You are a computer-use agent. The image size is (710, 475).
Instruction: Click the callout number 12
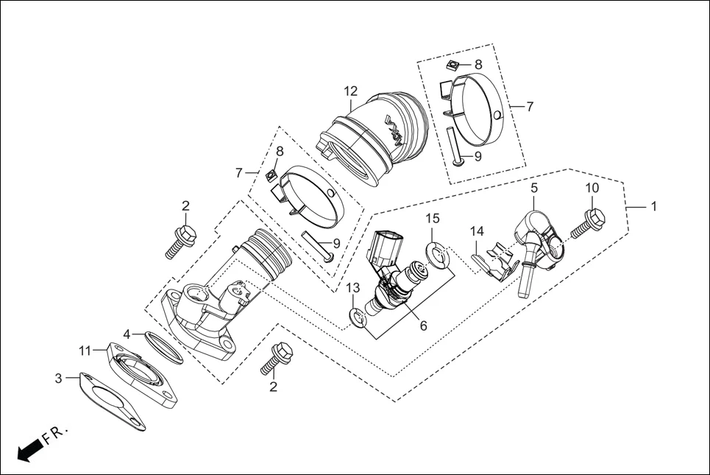(350, 91)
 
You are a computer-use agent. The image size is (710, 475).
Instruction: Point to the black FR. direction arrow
(29, 449)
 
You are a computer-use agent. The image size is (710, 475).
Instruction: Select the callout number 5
(534, 188)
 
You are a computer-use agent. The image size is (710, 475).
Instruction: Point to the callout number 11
(86, 349)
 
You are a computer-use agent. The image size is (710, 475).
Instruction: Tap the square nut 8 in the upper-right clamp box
(454, 66)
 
